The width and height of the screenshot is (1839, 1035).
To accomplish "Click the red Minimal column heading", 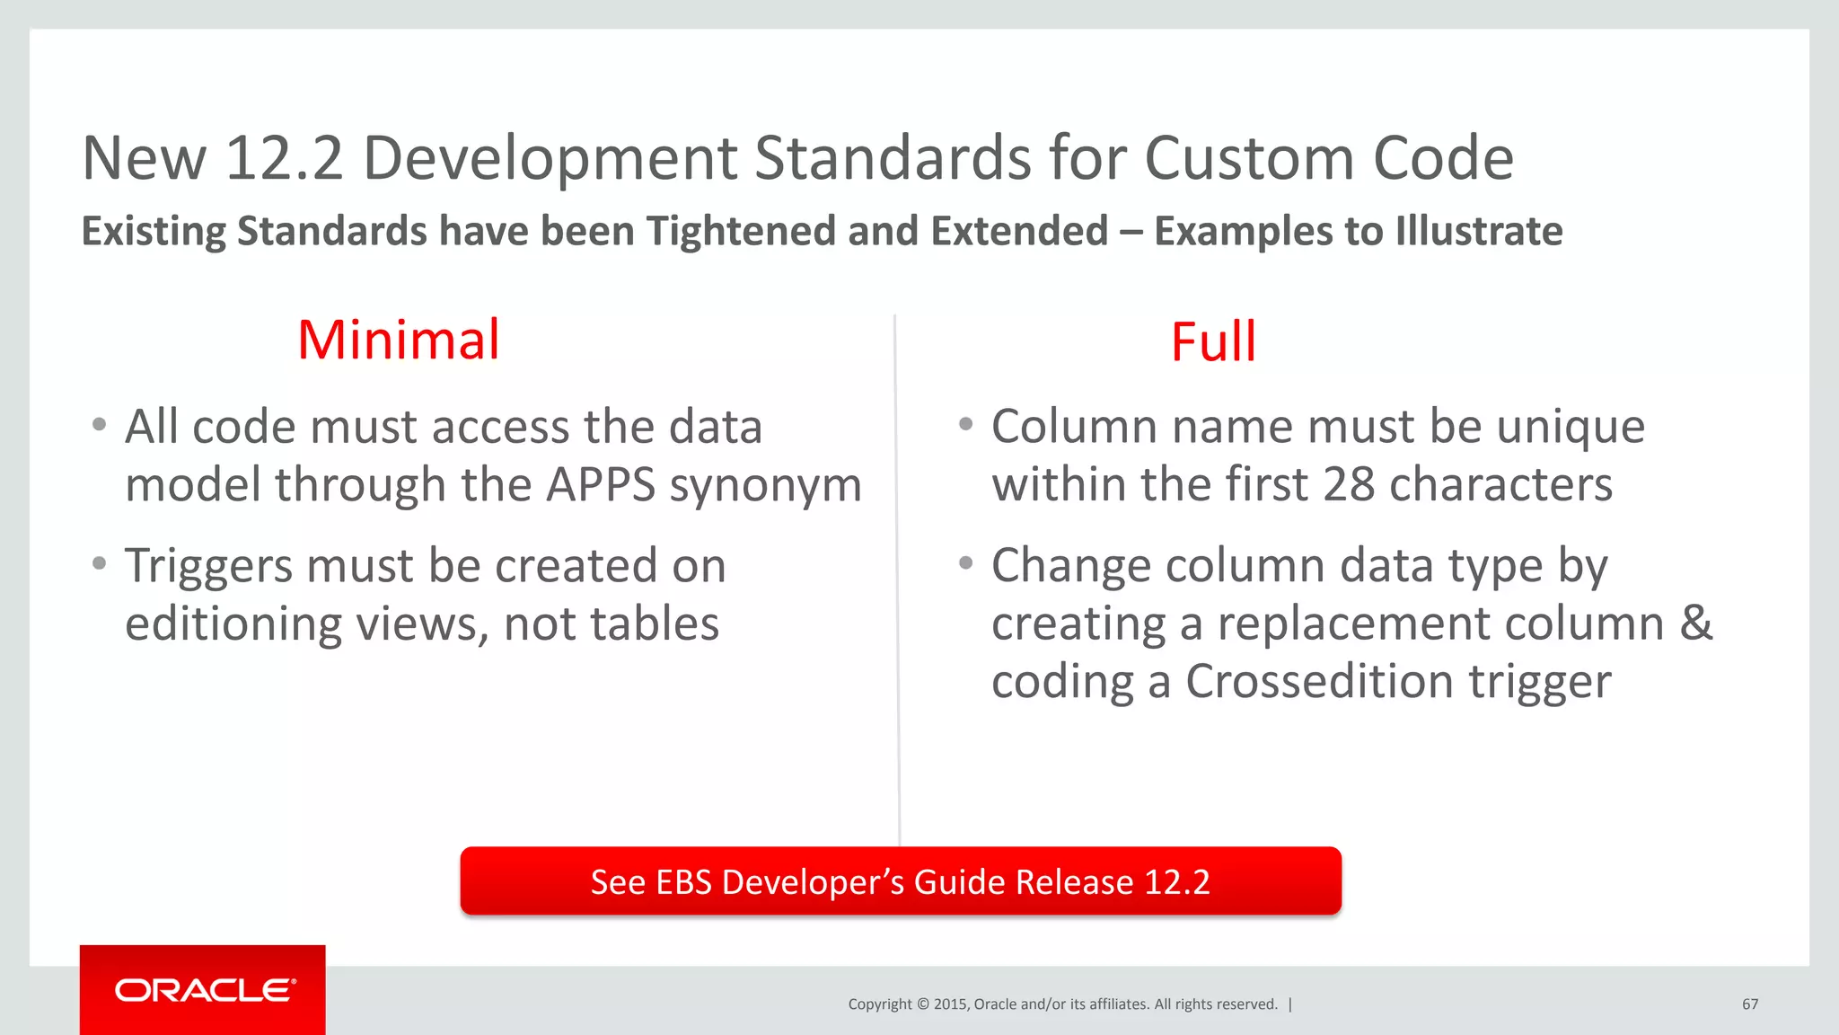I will tap(398, 341).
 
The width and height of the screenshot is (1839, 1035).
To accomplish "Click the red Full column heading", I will tap(1213, 342).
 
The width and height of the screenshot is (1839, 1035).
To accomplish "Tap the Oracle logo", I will tap(204, 990).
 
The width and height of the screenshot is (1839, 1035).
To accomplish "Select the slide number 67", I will tap(1750, 1004).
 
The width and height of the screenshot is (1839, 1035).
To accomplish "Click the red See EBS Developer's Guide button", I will tap(901, 881).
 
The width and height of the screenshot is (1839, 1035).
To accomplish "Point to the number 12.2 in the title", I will tap(284, 158).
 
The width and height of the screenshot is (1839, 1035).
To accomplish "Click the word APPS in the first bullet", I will tap(601, 485).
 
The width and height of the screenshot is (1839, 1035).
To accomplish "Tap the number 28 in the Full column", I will tap(1349, 485).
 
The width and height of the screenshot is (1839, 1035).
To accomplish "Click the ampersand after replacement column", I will tap(1695, 623).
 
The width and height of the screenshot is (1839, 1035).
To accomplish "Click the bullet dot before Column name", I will tap(965, 424).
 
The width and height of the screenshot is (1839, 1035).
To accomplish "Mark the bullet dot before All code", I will tap(100, 424).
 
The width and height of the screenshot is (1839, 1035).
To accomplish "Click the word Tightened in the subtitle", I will tap(740, 232).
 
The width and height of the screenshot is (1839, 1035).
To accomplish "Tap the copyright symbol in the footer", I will tap(922, 1004).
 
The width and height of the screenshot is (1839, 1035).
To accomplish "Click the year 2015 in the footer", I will tap(950, 1004).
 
